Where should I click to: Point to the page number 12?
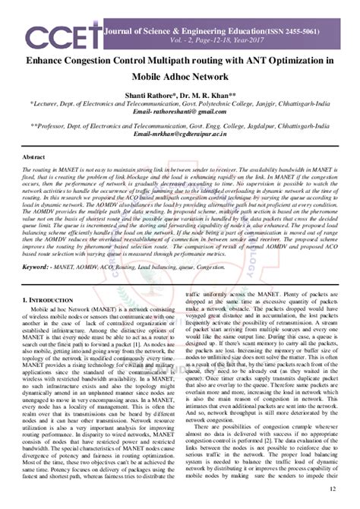(x=330, y=497)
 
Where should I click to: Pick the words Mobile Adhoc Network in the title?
(x=180, y=76)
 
